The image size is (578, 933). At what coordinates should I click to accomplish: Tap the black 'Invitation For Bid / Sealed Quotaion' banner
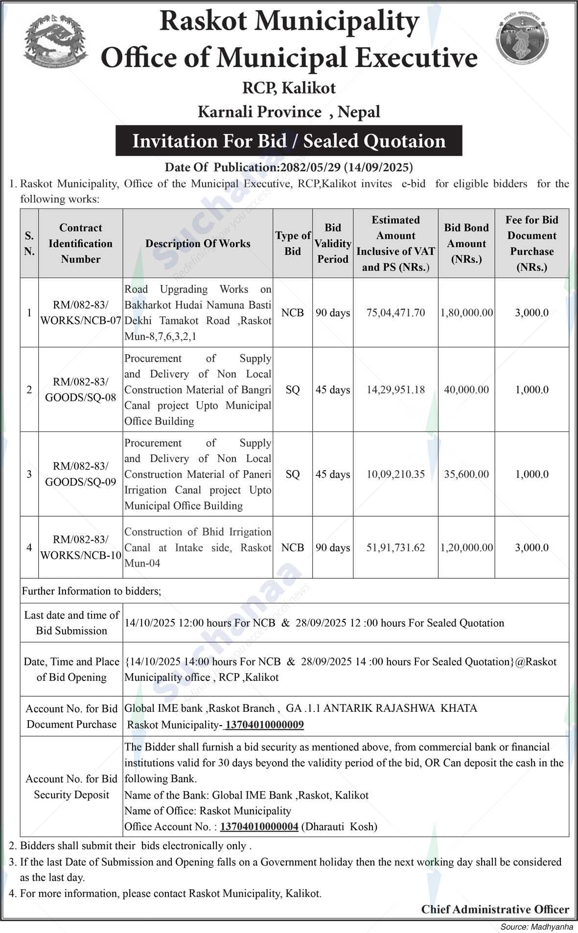coord(289,141)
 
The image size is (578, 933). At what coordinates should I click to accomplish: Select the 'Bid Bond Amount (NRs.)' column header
coord(466,243)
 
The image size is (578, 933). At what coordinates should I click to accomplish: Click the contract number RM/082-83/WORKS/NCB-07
coord(81,313)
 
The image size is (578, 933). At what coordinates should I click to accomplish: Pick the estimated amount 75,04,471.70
coord(395,313)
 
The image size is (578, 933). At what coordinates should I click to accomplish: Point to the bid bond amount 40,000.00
coord(466,389)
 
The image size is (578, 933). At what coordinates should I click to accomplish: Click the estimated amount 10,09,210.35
coord(395,474)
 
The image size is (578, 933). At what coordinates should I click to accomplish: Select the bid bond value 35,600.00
coord(466,474)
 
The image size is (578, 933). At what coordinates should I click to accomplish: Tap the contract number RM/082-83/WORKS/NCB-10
coord(81,547)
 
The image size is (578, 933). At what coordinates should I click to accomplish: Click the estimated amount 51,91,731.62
coord(395,547)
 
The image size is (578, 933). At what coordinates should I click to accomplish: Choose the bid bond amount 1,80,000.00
coord(466,313)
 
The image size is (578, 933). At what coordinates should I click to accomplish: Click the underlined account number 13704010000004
coord(259,826)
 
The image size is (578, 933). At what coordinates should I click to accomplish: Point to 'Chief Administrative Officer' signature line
coord(495,909)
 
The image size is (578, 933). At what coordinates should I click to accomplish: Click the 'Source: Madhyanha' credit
coord(536,927)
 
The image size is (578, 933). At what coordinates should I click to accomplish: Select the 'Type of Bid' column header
coord(293,243)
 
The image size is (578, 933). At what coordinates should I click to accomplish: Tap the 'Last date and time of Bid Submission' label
coord(71,623)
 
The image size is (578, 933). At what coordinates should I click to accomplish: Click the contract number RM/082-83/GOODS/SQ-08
coord(81,389)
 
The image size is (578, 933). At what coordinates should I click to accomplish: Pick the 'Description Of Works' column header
coord(198,243)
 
